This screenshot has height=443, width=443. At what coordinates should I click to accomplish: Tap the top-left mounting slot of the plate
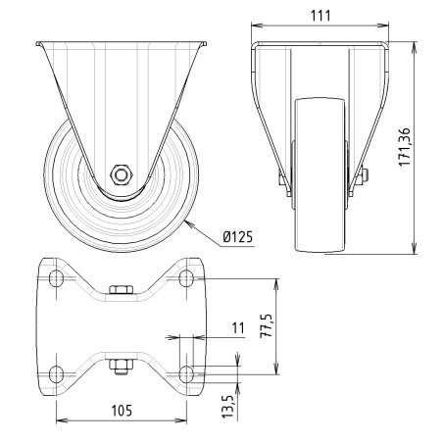pos(56,280)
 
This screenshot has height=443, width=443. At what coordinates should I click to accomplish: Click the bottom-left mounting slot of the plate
pos(56,371)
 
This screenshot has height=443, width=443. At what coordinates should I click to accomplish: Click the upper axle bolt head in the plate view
pos(121,290)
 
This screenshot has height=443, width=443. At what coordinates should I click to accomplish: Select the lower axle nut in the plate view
pos(121,367)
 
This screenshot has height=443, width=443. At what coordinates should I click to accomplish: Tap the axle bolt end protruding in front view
pos(364,176)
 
